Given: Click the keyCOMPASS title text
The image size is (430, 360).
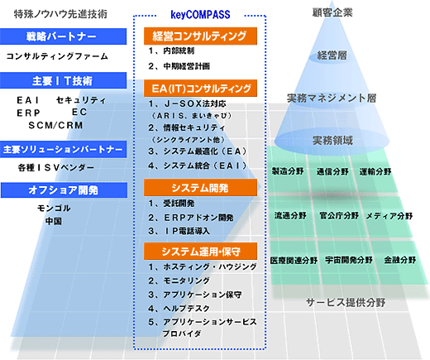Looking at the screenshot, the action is [x=200, y=14].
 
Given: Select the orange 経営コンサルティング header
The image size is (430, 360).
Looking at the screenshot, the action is [x=200, y=36].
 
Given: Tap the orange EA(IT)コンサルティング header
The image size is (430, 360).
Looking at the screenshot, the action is [x=200, y=89].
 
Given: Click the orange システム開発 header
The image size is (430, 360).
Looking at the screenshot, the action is [x=200, y=188].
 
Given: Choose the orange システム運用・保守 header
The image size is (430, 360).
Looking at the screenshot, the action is [x=200, y=252].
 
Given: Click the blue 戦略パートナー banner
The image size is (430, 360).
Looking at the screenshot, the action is [x=63, y=36].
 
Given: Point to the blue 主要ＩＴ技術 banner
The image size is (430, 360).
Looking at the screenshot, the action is [x=63, y=80].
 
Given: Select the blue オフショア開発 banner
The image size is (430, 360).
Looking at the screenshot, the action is [x=64, y=190].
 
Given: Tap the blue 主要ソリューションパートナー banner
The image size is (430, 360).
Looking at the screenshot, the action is [x=63, y=149].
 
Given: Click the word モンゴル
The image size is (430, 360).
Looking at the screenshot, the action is [x=54, y=208].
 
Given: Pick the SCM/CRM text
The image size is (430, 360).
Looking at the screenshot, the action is [x=55, y=125].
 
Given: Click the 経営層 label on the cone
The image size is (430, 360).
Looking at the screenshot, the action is [x=332, y=55].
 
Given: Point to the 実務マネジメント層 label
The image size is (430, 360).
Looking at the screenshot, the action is [x=332, y=98].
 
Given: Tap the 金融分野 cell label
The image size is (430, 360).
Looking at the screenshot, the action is [x=400, y=260].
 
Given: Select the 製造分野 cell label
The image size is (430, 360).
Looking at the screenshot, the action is [x=288, y=171].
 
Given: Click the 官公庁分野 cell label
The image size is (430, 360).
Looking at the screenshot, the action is [x=339, y=215].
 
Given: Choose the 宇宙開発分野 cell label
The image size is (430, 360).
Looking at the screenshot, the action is [x=349, y=260].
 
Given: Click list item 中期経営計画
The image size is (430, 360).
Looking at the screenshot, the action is [x=187, y=66].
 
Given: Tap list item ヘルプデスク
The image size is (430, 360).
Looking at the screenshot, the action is [x=186, y=308].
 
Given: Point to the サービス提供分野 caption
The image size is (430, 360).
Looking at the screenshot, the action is [x=346, y=303].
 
